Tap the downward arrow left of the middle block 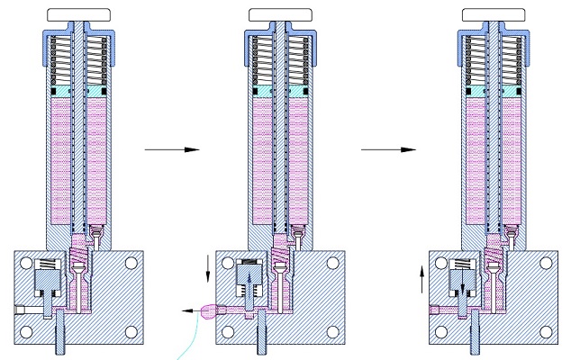click(209, 265)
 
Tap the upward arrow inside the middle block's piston click(247, 278)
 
